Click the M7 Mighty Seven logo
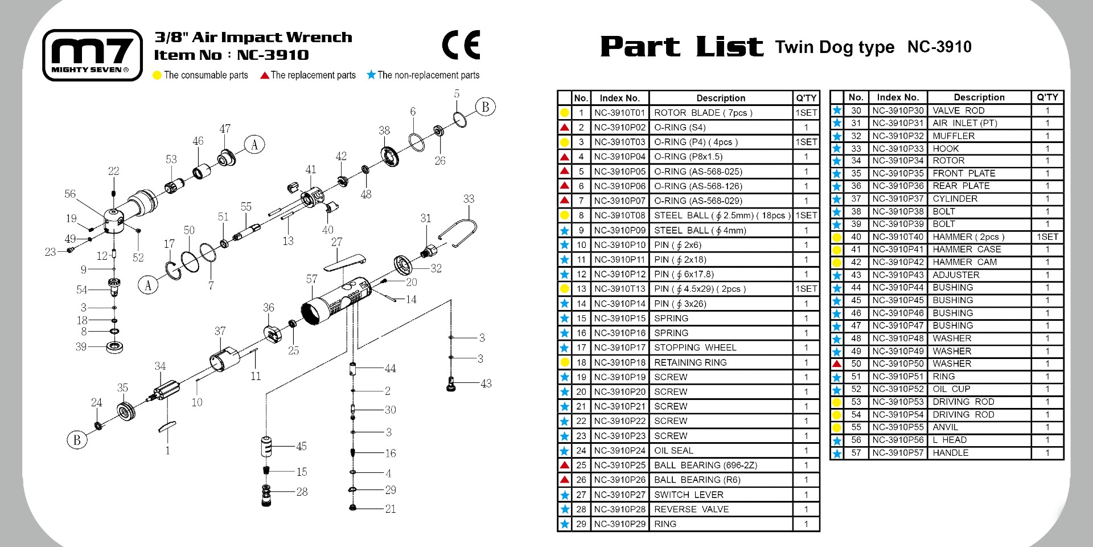92,55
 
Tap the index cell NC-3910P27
620,495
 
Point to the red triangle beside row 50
837,364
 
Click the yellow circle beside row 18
565,362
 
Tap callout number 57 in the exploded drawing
311,279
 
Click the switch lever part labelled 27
344,262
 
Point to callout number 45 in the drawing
301,446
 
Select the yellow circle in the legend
158,75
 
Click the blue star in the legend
371,75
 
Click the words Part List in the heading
681,46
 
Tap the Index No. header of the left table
620,98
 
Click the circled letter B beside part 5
486,107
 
